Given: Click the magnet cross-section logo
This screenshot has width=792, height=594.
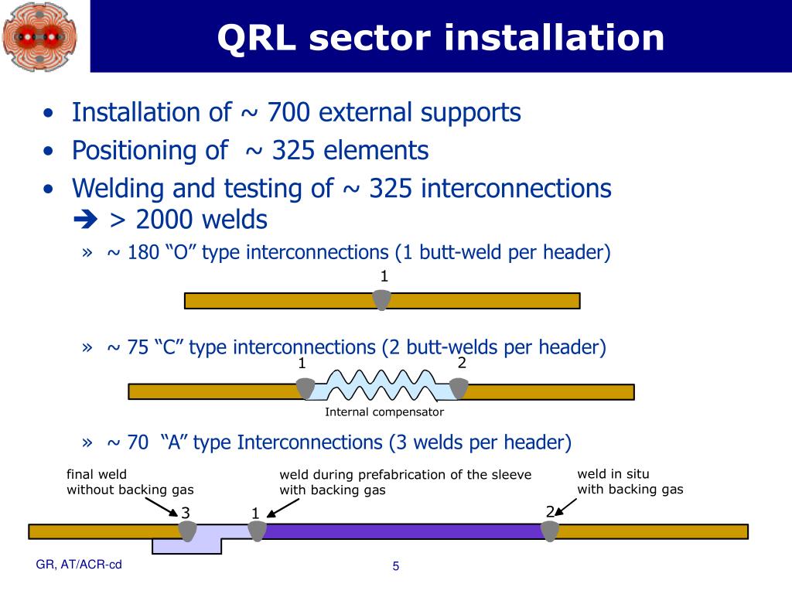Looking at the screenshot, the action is click(40, 37).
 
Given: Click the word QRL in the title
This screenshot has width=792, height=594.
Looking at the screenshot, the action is click(257, 38).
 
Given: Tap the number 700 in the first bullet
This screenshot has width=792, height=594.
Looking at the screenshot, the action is click(288, 112).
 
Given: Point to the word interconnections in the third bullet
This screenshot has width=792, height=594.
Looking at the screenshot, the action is click(516, 188).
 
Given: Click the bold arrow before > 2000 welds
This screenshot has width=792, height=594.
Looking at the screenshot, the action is click(85, 220).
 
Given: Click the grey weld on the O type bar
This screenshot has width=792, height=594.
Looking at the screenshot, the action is click(382, 299).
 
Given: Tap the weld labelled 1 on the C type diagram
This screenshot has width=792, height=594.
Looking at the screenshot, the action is click(305, 388).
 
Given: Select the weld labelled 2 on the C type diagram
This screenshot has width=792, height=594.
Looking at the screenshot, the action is click(459, 388).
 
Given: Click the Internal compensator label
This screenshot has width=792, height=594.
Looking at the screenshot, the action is click(384, 411).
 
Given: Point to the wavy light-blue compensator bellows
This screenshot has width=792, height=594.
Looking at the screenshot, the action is click(381, 385).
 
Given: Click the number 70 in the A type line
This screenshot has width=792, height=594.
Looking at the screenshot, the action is click(138, 442).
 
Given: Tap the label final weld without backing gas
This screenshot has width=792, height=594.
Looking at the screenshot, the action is click(130, 482).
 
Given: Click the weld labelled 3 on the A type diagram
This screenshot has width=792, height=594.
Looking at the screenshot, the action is click(187, 531).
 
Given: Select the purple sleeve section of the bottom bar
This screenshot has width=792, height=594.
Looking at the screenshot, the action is click(403, 531).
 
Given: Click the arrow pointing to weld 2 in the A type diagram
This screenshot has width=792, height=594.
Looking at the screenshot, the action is click(566, 507).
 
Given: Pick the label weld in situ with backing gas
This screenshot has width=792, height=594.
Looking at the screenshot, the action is click(630, 481).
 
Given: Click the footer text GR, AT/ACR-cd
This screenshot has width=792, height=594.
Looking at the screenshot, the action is click(79, 565).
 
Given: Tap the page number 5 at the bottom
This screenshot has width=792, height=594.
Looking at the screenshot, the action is click(396, 566).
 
